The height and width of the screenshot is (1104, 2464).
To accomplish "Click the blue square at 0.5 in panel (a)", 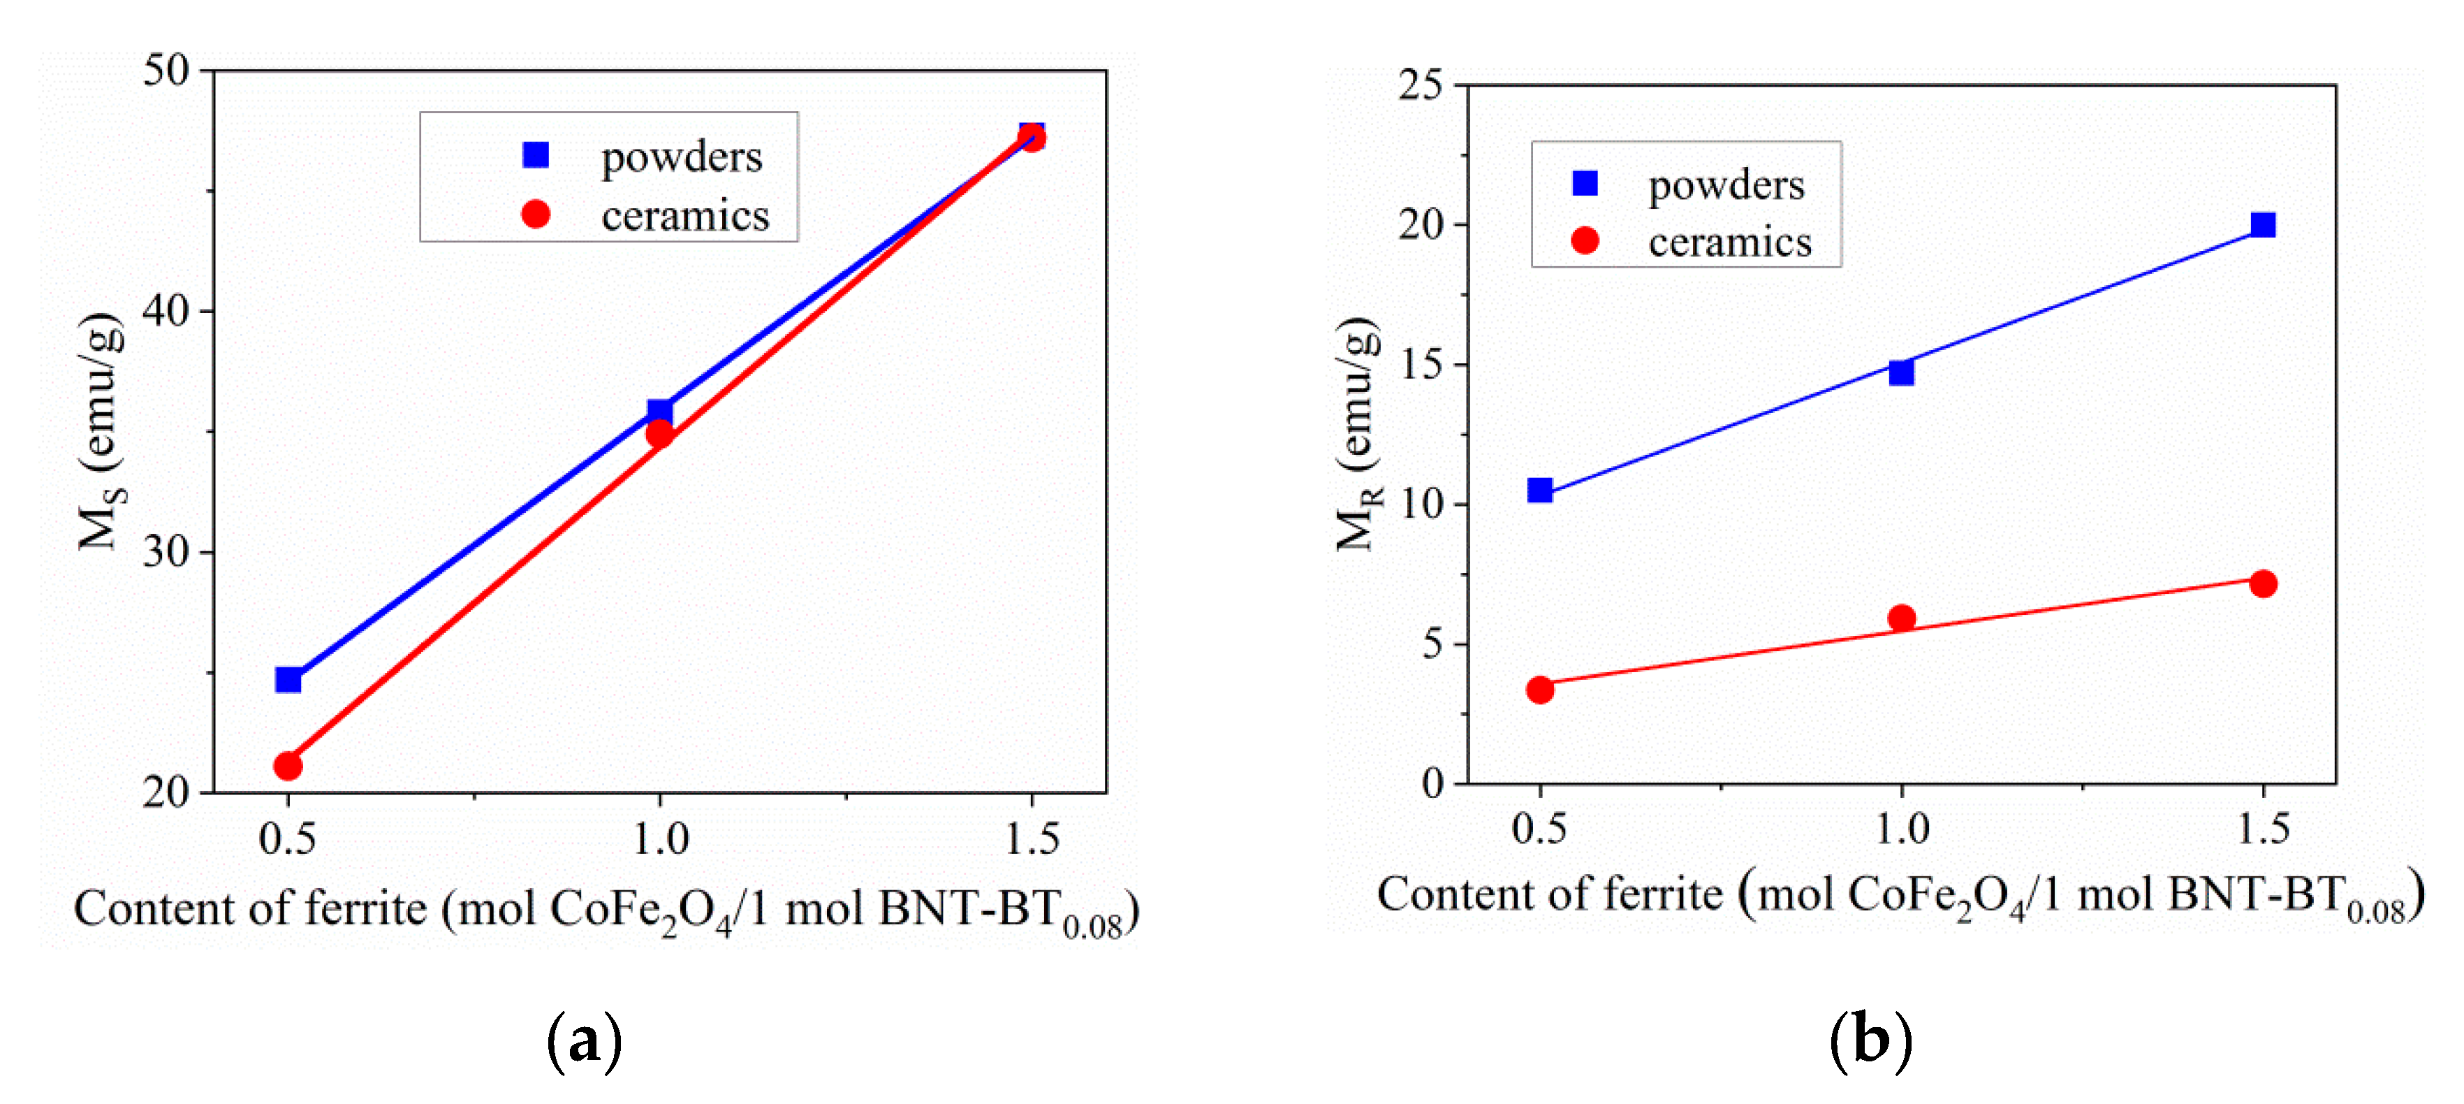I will (288, 679).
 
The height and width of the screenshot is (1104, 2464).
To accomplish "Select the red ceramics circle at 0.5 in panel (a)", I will (288, 765).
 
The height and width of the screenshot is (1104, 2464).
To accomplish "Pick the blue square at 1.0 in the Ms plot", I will (659, 412).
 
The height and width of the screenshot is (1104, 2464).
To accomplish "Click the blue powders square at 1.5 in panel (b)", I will (2262, 225).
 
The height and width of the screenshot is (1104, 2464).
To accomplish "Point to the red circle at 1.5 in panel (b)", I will (2262, 583).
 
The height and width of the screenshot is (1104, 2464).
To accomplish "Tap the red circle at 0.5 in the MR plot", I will (1539, 690).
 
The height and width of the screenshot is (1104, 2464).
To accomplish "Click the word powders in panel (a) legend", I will (681, 157).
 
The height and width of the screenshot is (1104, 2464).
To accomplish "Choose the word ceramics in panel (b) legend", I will (1729, 242).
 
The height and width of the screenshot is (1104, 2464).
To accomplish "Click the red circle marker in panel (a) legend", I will (536, 215).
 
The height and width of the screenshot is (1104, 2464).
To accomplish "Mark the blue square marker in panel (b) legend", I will (1584, 183).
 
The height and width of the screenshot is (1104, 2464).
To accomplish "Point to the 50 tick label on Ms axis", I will (166, 70).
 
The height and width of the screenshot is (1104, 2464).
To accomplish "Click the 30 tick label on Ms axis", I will (166, 552).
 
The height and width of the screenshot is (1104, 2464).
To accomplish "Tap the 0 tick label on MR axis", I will (1432, 783).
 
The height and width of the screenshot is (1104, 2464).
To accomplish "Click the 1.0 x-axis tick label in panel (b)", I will (1902, 829).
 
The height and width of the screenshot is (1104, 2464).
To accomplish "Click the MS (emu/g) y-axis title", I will (101, 430).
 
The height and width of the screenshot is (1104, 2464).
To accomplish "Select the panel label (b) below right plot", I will (1870, 1040).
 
